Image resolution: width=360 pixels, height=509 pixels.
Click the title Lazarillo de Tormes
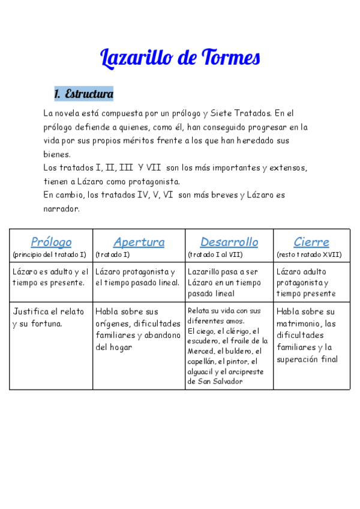(x=179, y=58)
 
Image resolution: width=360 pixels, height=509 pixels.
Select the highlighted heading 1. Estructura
(x=83, y=94)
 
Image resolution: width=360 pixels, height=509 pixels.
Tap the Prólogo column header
(x=51, y=242)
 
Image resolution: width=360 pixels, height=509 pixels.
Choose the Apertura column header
(x=139, y=242)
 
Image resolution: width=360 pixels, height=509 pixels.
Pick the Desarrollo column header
(x=229, y=242)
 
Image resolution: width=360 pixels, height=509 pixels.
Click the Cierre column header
(x=311, y=242)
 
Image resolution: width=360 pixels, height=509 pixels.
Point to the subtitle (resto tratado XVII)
(x=309, y=254)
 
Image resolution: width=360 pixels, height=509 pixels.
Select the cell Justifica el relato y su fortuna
(x=50, y=318)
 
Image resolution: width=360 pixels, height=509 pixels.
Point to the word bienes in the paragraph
(x=57, y=154)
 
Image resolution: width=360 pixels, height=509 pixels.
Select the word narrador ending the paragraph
(x=61, y=209)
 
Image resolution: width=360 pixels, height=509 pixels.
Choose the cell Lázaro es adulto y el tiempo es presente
(x=50, y=277)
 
